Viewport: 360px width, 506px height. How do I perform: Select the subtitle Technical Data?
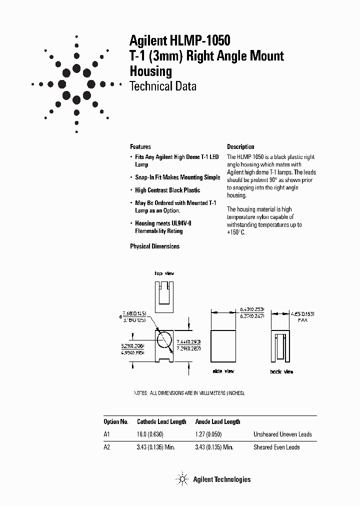point(162,86)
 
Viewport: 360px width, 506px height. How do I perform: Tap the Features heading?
point(140,147)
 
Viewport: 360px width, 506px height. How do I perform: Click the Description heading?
point(240,147)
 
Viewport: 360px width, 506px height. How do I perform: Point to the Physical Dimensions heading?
point(154,246)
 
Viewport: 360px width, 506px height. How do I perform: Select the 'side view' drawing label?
point(223,371)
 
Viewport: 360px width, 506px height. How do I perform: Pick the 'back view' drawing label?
point(282,371)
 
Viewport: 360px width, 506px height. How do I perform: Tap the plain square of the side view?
point(223,346)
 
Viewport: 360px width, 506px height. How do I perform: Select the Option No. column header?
point(116,421)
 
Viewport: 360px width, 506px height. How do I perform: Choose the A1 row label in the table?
point(106,434)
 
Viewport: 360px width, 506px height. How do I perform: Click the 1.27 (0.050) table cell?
point(207,434)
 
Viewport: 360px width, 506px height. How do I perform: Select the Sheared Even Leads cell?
point(276,447)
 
